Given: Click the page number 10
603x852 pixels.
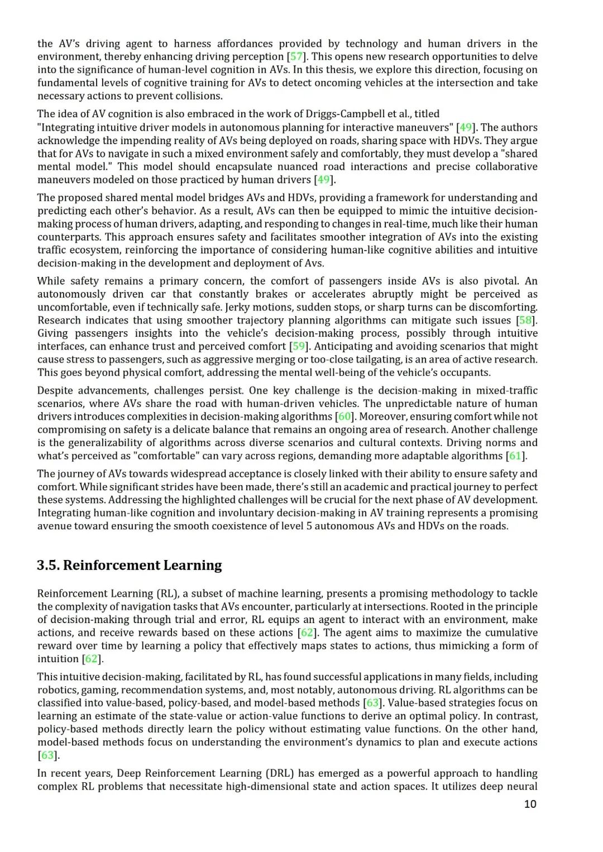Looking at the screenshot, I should coord(530,804).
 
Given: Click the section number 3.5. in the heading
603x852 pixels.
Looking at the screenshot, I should coord(48,565).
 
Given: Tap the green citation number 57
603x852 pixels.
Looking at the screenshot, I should coord(296,56).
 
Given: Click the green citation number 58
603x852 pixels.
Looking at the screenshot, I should coord(525,320).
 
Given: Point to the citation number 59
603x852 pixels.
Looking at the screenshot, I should coord(299,346).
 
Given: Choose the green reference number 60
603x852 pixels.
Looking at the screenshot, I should coord(345,417).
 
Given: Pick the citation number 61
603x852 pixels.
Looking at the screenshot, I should coord(516,456).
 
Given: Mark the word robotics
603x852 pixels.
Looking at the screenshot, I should coord(55,690).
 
